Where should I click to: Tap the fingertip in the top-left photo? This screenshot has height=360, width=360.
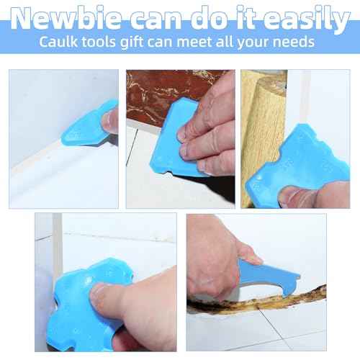pyautogui.click(x=112, y=121)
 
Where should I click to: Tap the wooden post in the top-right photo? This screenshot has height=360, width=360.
pyautogui.click(x=263, y=108)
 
